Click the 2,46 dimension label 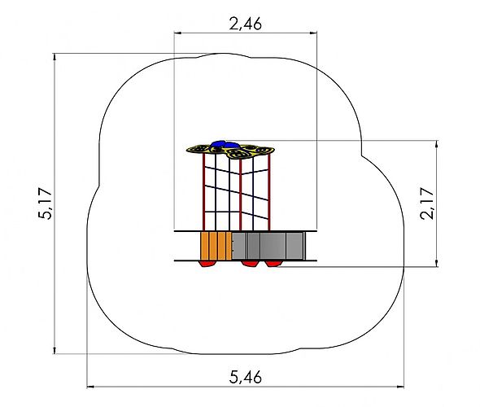(x=246, y=24)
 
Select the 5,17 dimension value (x=46, y=203)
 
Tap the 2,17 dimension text (x=427, y=203)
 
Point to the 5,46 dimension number (x=246, y=377)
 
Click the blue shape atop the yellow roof (x=225, y=144)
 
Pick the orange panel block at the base (x=216, y=246)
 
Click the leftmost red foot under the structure (x=207, y=264)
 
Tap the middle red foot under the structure (x=251, y=264)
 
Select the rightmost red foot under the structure (x=272, y=264)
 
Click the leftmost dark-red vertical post (x=203, y=192)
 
